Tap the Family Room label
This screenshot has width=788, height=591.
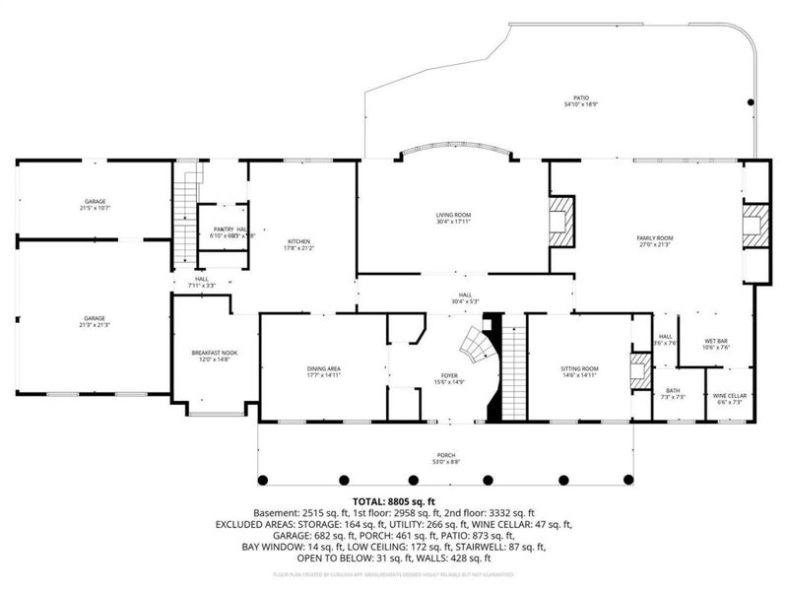point(654,237)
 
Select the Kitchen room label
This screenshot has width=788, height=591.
point(299,241)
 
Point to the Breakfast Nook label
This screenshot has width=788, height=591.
point(214,352)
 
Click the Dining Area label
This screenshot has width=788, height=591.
point(323,368)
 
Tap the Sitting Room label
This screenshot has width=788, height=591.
point(579,368)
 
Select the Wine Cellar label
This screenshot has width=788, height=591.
point(730,395)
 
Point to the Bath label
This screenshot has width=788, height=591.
point(673,390)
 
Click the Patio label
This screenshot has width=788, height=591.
point(581,98)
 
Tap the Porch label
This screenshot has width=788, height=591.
point(446,455)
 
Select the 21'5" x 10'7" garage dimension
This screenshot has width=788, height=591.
point(96,208)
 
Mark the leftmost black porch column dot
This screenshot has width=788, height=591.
point(263,480)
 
